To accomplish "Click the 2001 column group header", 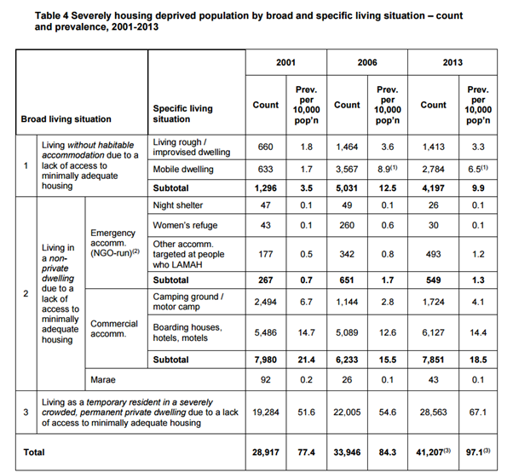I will [x=285, y=64].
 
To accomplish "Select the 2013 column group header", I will [x=452, y=64].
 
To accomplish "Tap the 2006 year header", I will [x=367, y=64].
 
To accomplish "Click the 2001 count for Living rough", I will [x=266, y=147].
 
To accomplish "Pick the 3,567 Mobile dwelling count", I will [x=347, y=170].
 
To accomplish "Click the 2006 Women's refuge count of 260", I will [x=347, y=225].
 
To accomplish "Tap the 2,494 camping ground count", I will [x=266, y=302].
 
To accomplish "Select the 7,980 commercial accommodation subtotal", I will [x=266, y=360].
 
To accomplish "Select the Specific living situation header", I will [x=182, y=113].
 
